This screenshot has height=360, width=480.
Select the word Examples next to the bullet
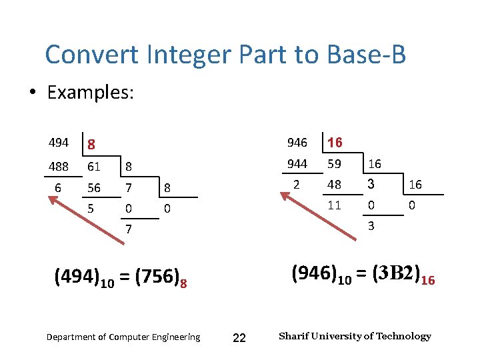pos(90,92)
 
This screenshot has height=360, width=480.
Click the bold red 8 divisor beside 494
pos(92,144)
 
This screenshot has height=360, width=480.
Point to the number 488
pos(59,167)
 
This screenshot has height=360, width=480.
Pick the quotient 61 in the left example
pos(94,167)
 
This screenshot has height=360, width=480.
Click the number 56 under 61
pos(94,188)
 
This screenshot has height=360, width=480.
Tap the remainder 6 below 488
pos(58,188)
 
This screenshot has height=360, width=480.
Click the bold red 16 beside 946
pos(335,143)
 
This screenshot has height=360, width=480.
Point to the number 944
pos(297,163)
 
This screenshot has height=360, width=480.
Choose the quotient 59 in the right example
pos(334,163)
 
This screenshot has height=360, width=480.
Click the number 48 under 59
pos(334,184)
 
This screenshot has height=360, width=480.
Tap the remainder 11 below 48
pos(334,205)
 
